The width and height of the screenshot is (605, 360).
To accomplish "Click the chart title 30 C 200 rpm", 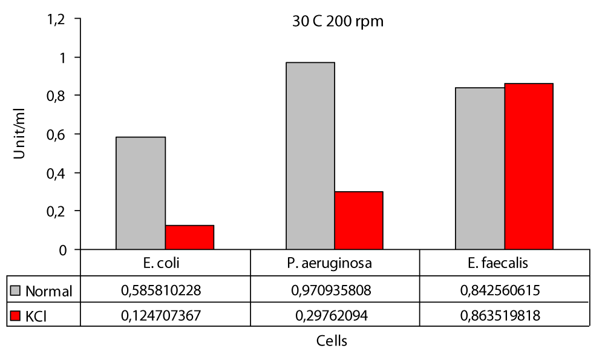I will click(335, 22).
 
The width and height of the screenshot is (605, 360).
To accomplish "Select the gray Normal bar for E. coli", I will click(140, 193).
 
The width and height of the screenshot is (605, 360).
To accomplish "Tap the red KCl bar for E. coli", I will click(189, 237).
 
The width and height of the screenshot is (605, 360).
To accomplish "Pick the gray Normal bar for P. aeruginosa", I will click(310, 156).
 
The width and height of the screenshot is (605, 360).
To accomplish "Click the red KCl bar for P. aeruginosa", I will click(359, 220).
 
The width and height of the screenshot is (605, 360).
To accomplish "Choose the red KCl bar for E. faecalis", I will click(529, 166).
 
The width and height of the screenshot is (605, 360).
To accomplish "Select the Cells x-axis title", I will click(332, 341).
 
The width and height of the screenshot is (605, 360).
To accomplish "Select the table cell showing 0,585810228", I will click(165, 291).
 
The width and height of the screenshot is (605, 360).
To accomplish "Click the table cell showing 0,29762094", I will click(335, 316).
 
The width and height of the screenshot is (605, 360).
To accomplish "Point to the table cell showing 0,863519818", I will click(504, 316).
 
